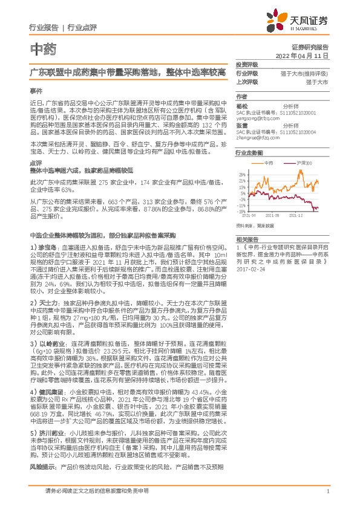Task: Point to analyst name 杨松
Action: (241, 105)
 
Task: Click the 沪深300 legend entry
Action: (303, 163)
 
